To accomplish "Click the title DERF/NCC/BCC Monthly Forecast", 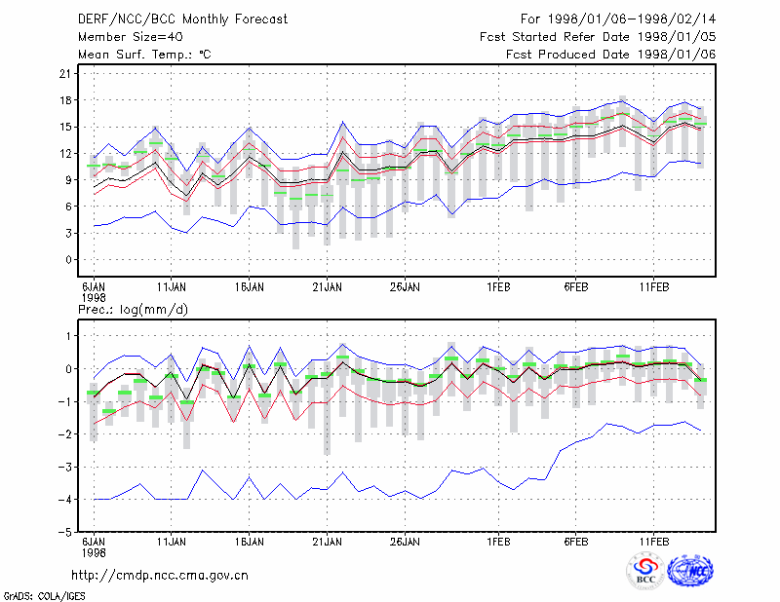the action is coord(182,19).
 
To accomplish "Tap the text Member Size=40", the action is coord(131,37).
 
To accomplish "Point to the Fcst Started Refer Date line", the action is coord(598,37).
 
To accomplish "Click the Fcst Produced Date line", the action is coord(610,55).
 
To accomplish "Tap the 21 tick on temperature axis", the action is coord(65,74).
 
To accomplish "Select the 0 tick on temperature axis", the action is coord(68,260).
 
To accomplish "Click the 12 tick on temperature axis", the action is coord(65,154).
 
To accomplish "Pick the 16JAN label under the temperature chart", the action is coord(250,287).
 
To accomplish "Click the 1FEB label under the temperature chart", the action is coord(498,287).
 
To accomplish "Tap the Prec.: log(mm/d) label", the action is coord(133,310).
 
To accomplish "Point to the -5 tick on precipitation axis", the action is coord(65,532).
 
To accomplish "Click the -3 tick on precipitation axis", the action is coord(65,467).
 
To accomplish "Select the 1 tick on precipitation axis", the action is coord(68,336).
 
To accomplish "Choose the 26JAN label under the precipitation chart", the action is coord(405,542).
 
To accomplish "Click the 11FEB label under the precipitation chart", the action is coord(654,542).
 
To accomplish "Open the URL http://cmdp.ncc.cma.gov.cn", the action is coord(160,576).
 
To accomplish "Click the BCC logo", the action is coord(645,572).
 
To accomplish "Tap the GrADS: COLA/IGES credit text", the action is coord(44,596).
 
